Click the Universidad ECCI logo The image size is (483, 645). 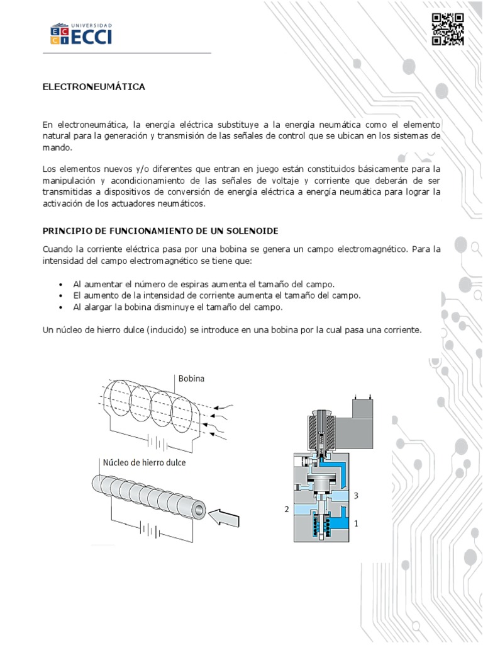[81, 34]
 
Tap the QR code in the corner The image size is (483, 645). [448, 30]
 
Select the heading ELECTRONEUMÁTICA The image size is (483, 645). [94, 87]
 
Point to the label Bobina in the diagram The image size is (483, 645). [192, 379]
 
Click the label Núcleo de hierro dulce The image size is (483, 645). [143, 462]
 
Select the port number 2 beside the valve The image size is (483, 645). [286, 509]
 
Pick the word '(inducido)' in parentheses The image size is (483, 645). [172, 330]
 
